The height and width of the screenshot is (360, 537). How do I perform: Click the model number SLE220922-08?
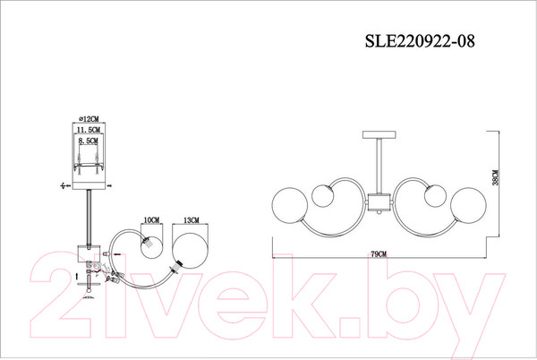click(420, 41)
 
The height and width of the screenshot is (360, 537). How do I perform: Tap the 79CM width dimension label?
click(379, 254)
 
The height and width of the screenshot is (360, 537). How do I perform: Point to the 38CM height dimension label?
click(495, 177)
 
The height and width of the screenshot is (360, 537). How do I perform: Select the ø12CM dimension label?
click(89, 119)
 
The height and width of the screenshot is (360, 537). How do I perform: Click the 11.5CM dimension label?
click(89, 130)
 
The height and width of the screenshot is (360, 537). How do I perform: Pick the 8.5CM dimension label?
click(88, 141)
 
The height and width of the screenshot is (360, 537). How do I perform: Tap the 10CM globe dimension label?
click(151, 220)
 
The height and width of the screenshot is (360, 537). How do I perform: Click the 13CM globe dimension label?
click(192, 220)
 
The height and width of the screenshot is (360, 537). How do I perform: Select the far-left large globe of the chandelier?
click(290, 205)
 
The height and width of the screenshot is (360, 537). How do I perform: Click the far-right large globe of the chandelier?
click(468, 205)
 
